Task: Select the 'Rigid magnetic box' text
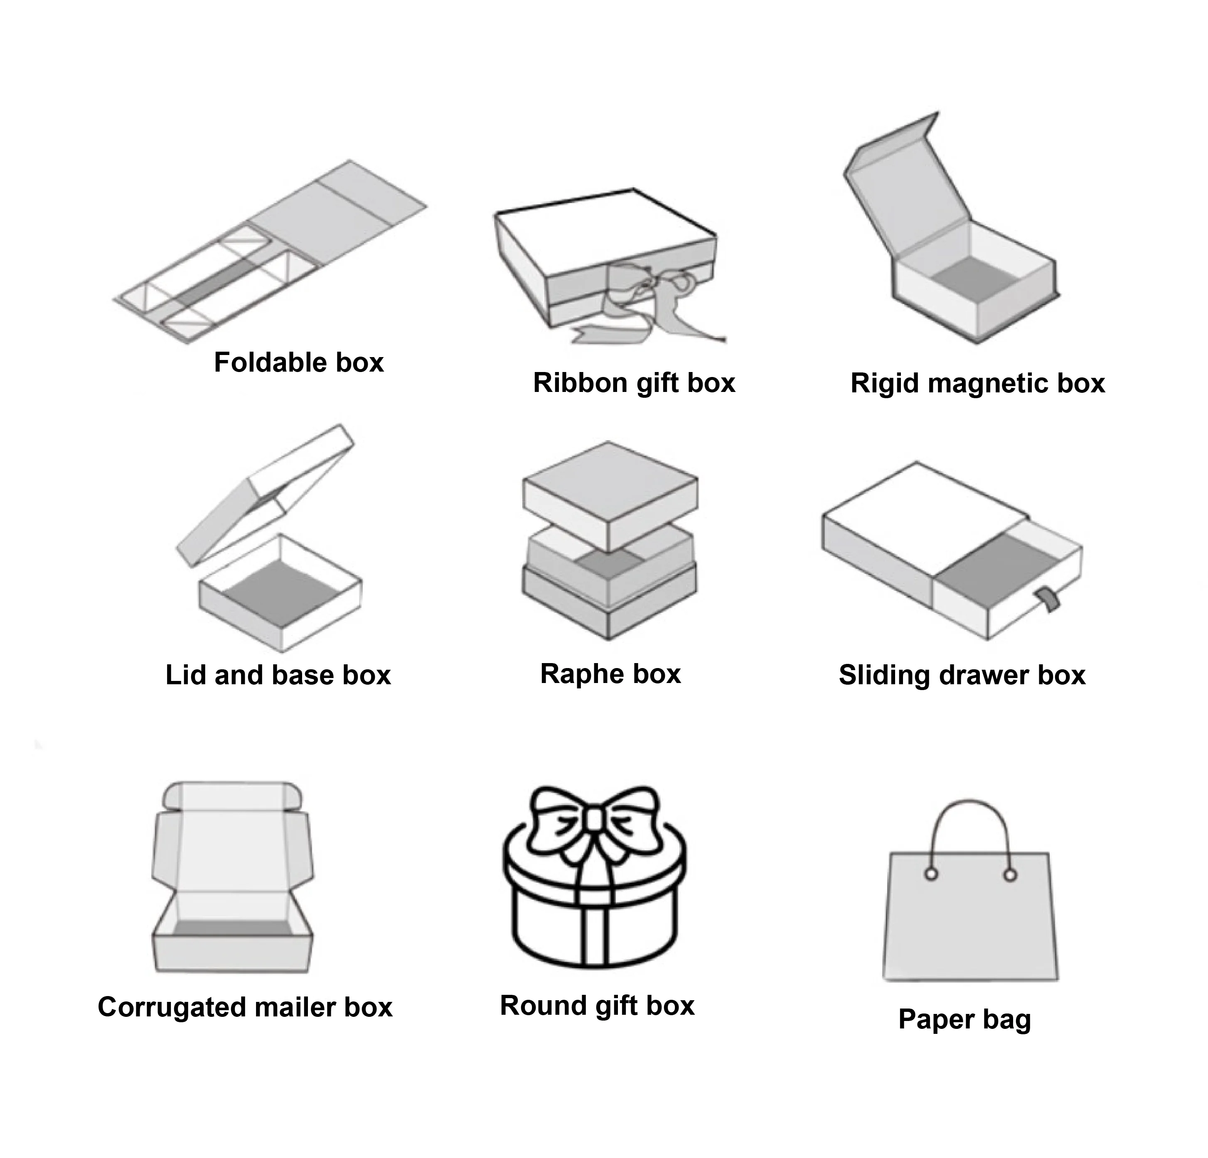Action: (x=977, y=384)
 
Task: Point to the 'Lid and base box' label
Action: (x=278, y=676)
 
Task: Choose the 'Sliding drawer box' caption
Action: (x=962, y=676)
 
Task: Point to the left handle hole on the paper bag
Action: (x=931, y=874)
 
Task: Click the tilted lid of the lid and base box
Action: (x=265, y=493)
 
